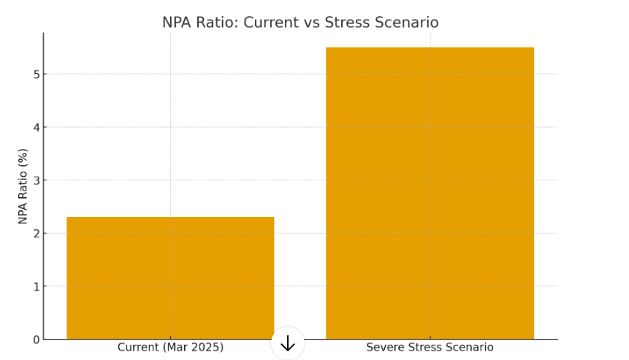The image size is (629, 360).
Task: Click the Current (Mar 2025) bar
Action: (170, 277)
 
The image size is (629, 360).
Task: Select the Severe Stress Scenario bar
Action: (430, 193)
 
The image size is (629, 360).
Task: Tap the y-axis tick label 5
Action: (34, 74)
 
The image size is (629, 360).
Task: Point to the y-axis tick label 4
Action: (34, 127)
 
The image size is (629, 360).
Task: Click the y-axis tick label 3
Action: (34, 180)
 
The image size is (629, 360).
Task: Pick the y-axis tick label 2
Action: (34, 234)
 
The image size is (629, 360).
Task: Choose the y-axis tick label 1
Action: (34, 286)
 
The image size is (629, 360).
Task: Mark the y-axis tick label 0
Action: (34, 340)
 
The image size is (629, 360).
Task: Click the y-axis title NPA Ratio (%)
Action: (23, 186)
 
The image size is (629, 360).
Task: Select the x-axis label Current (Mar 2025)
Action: (170, 348)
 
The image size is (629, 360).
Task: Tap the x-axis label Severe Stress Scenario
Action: (430, 348)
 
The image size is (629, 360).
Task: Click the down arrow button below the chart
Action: (288, 343)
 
